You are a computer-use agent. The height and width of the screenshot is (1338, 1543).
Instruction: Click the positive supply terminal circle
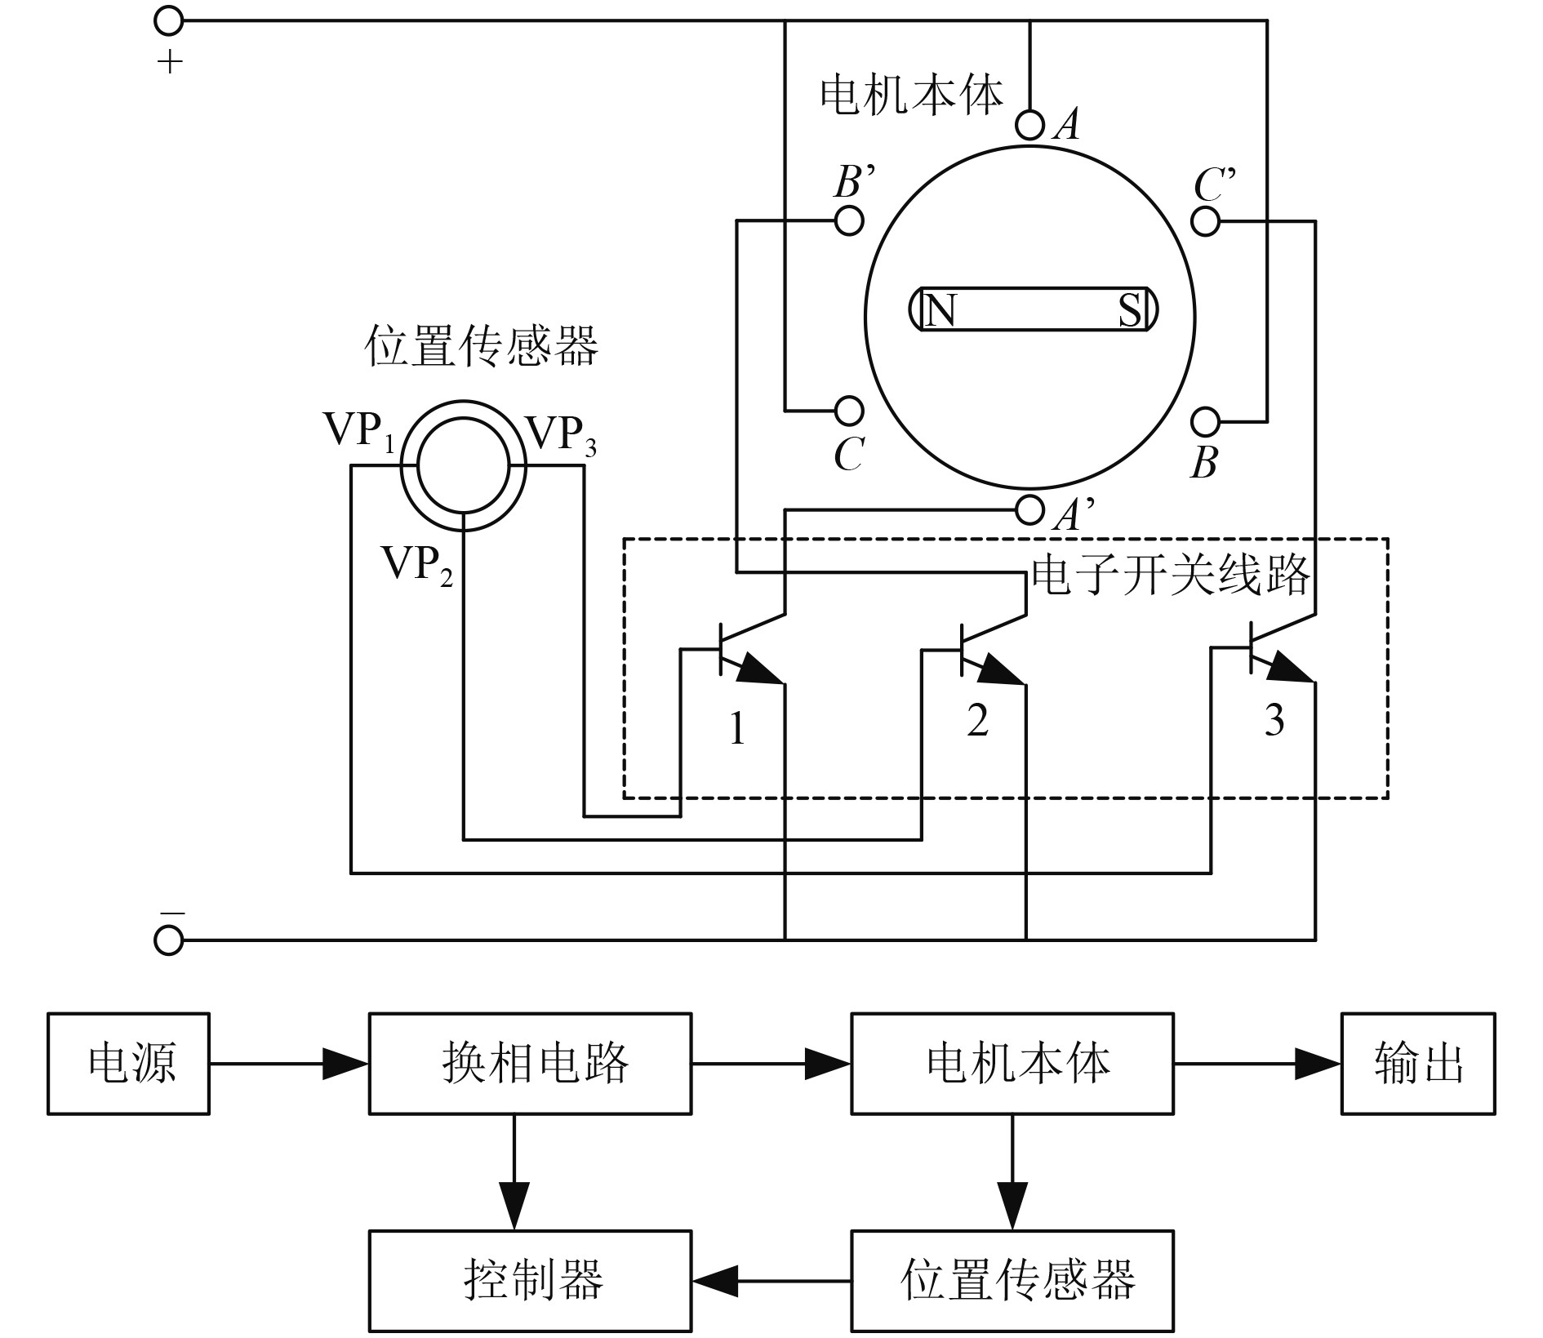[x=168, y=21]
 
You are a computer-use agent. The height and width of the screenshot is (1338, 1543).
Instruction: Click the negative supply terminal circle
[x=168, y=940]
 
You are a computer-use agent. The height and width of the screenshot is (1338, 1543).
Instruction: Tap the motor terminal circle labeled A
[x=1030, y=126]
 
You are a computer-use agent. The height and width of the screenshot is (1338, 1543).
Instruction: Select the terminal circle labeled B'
[x=849, y=220]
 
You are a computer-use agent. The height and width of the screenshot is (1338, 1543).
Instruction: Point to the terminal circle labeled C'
[x=1206, y=221]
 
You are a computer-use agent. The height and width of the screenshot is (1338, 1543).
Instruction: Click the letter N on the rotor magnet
[x=940, y=310]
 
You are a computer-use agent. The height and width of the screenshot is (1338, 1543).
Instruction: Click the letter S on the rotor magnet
[x=1129, y=310]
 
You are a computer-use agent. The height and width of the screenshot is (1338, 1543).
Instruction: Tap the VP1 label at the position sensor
[x=360, y=431]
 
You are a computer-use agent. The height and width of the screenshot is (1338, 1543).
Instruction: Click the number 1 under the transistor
[x=737, y=728]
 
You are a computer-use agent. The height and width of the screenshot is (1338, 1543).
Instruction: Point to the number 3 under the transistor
[x=1274, y=720]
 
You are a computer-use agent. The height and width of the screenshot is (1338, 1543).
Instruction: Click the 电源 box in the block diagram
[x=129, y=1064]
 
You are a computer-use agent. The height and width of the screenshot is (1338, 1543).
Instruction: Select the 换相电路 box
[x=530, y=1064]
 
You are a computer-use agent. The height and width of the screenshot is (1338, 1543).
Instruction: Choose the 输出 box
[x=1418, y=1064]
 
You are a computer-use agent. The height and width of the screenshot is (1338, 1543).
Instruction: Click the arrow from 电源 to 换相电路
[x=289, y=1064]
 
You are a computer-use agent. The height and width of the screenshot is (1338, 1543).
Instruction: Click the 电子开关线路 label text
[x=1171, y=576]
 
